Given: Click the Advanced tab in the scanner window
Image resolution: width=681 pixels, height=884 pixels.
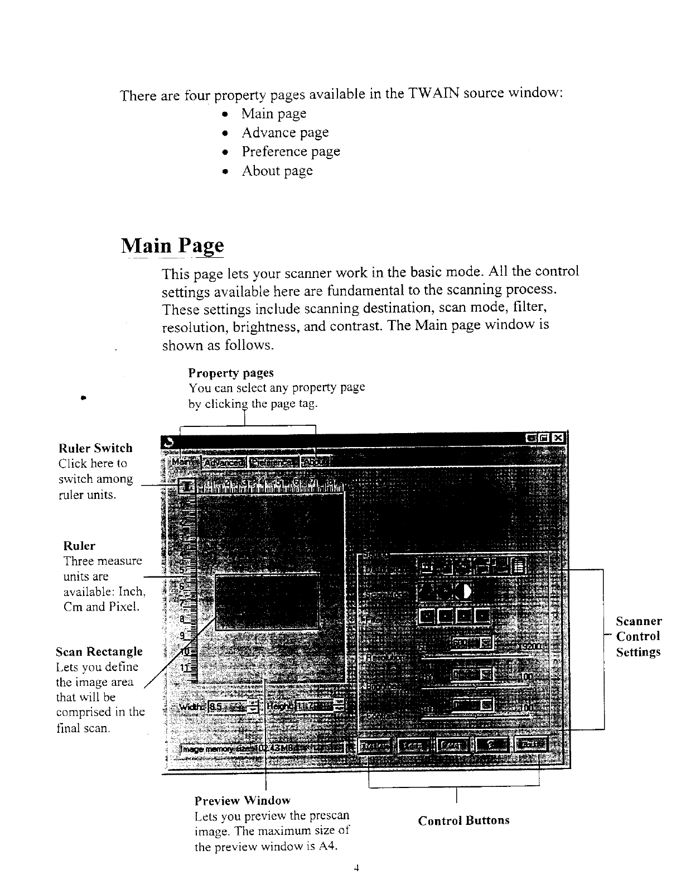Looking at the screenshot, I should (x=224, y=463).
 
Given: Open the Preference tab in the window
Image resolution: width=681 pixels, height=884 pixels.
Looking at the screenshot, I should (x=273, y=463).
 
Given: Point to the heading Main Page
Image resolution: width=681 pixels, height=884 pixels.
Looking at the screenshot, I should (x=172, y=246).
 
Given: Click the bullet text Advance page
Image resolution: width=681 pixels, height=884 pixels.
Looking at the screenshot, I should (x=284, y=133).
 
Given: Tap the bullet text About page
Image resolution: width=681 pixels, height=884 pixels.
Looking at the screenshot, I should (x=277, y=171).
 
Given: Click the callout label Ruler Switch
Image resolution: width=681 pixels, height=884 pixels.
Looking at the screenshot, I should (x=95, y=448).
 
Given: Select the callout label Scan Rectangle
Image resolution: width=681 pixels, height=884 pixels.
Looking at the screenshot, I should (x=99, y=652).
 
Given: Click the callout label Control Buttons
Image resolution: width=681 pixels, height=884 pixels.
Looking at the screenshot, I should (x=463, y=820).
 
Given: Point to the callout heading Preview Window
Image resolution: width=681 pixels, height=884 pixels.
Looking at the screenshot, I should (x=242, y=801).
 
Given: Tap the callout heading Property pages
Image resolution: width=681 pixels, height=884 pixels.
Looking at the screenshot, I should (x=231, y=372).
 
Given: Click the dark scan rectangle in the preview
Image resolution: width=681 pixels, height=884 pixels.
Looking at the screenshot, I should (x=267, y=601).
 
